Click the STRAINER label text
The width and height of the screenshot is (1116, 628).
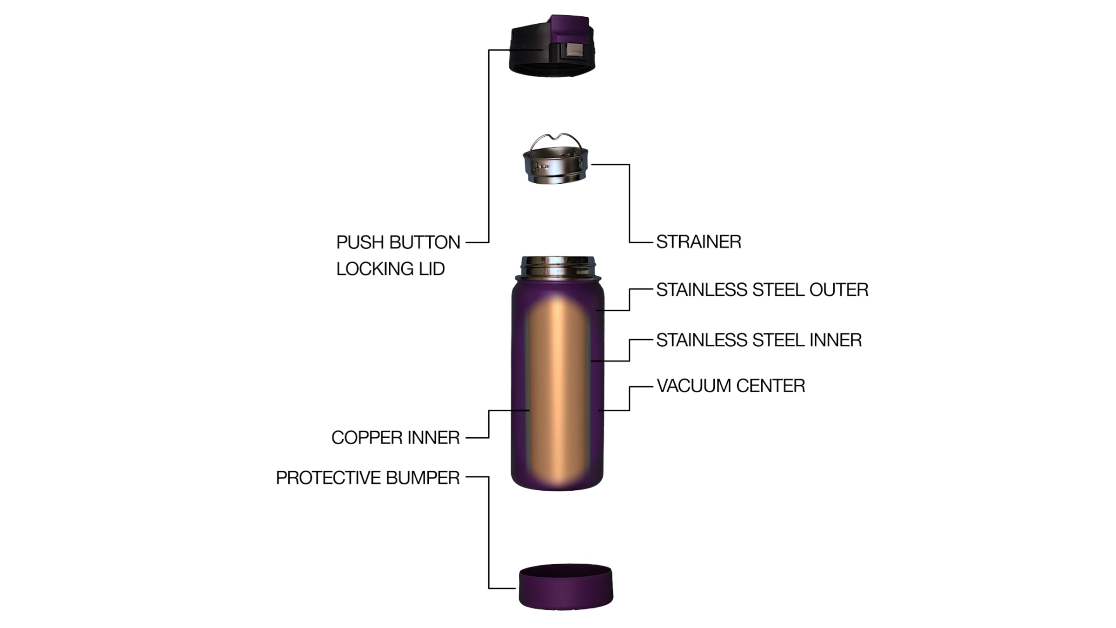698,242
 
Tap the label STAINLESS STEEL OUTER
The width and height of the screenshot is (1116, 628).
762,290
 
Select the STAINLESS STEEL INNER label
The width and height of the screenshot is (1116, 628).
759,340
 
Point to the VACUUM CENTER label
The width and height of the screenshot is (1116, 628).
731,386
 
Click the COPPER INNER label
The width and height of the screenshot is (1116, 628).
396,438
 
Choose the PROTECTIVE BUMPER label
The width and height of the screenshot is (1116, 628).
368,478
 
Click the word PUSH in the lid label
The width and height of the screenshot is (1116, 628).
360,242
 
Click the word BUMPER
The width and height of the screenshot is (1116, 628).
423,478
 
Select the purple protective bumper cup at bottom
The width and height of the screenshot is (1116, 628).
566,587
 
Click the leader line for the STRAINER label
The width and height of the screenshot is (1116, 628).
630,203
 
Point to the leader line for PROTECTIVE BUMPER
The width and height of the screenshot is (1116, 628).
489,533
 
